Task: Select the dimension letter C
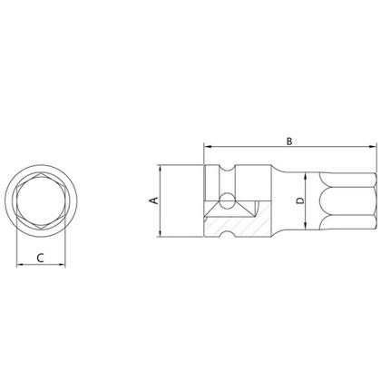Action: click(42, 257)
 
